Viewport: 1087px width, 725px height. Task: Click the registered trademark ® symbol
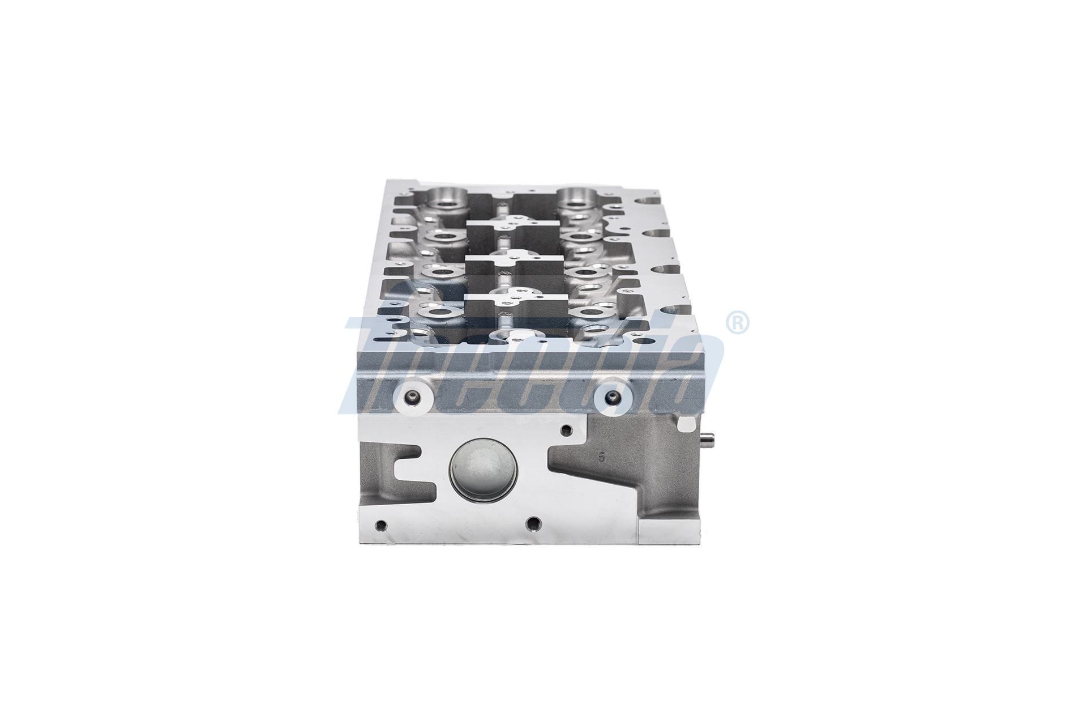[737, 323]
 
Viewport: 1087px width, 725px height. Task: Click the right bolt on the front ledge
[610, 397]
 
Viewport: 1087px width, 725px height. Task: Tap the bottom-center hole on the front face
[532, 522]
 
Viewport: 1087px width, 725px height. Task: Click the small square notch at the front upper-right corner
[686, 423]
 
